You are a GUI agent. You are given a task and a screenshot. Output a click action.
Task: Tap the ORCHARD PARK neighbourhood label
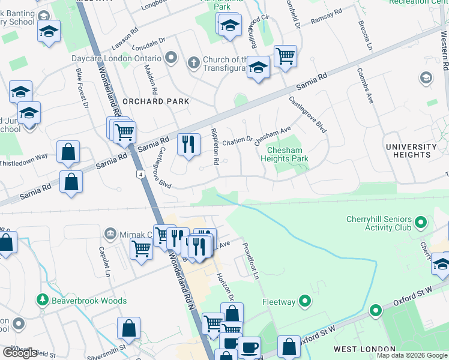tap(155, 101)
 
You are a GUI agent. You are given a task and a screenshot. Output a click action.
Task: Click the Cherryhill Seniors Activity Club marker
tap(421, 223)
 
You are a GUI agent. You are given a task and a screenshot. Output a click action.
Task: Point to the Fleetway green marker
tap(306, 301)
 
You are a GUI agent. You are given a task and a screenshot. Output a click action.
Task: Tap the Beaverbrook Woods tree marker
tap(43, 300)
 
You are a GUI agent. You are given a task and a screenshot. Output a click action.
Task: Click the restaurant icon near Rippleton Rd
tap(188, 144)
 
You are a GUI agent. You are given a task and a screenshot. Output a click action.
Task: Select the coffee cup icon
tap(249, 346)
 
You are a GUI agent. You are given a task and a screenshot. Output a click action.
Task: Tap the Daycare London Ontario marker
tap(172, 58)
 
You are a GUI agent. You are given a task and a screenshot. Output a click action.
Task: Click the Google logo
tap(20, 353)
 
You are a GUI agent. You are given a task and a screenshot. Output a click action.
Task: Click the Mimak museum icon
tap(110, 233)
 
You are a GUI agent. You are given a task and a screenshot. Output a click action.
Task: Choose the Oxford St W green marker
tap(376, 311)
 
